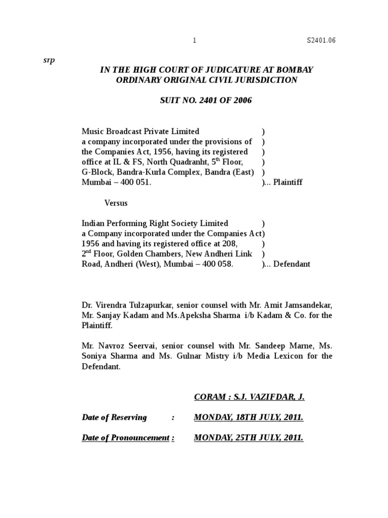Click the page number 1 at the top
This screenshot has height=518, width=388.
195,41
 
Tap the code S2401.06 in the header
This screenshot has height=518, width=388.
321,41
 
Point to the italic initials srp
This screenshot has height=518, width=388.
49,60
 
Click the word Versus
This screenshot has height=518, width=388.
116,203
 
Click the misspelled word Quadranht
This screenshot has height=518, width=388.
186,162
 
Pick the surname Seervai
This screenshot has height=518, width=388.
142,346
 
